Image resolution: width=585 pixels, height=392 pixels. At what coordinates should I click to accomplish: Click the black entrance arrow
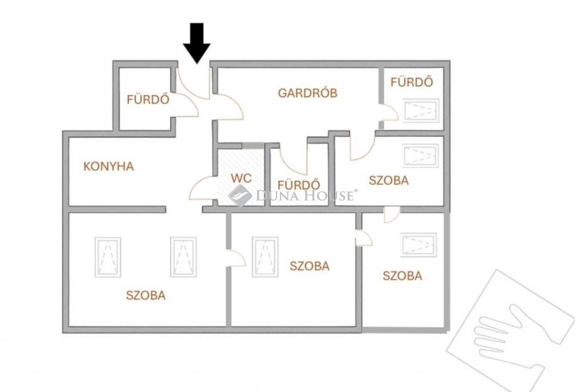(197, 43)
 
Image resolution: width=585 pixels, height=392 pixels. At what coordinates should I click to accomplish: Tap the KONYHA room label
(109, 166)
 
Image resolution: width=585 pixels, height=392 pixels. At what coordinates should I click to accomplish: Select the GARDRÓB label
(308, 93)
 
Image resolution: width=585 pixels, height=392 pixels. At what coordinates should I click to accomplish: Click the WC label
(241, 178)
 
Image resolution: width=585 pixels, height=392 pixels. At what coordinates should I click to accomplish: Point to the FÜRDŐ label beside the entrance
(148, 99)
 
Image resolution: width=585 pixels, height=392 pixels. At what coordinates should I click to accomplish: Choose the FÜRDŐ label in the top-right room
(412, 82)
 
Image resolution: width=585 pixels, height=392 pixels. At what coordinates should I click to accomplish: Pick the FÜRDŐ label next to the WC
(299, 185)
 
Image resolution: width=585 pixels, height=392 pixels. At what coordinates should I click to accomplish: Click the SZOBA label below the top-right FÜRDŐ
(388, 181)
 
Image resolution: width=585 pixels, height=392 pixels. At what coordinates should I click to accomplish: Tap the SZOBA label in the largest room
(146, 295)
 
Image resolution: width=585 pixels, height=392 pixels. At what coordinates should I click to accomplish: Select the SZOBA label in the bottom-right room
(403, 276)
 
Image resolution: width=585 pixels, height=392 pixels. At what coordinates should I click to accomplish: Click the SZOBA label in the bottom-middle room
(310, 266)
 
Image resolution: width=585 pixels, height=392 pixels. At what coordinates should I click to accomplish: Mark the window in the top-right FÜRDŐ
(420, 110)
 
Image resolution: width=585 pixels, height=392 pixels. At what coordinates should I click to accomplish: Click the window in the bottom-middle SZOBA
(265, 257)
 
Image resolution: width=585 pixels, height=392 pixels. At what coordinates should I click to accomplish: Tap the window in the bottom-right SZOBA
(419, 245)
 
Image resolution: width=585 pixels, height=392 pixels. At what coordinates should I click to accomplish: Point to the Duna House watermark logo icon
(241, 195)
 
